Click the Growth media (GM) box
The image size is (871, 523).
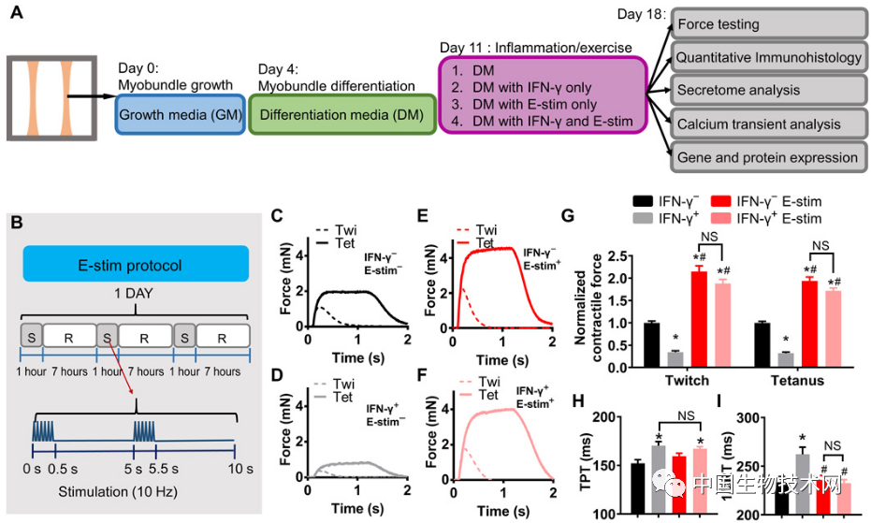point(181,115)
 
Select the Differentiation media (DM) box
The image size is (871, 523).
point(345,115)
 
